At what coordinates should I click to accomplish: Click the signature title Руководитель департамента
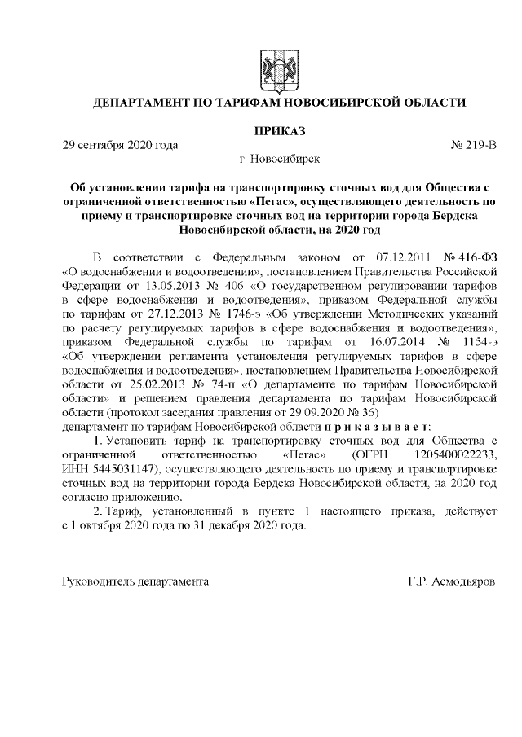coord(135,583)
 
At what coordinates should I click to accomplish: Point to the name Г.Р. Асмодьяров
coord(453,583)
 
